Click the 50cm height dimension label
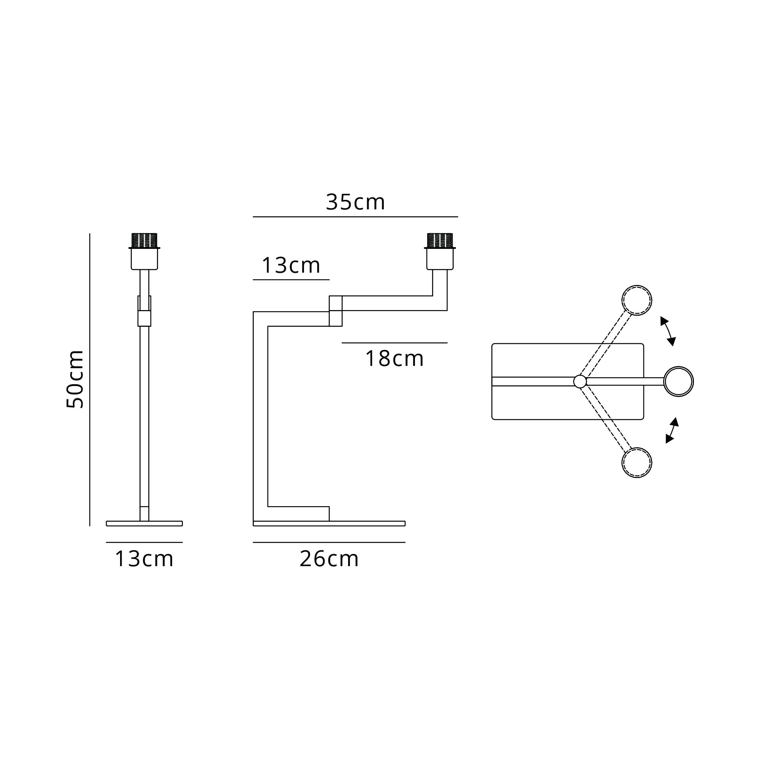[x=75, y=380]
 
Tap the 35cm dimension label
[x=355, y=202]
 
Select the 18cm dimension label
[x=394, y=359]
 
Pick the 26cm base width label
[x=329, y=559]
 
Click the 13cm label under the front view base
[x=144, y=559]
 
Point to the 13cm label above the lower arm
[x=291, y=266]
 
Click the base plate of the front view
[x=144, y=523]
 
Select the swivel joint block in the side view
[x=336, y=311]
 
